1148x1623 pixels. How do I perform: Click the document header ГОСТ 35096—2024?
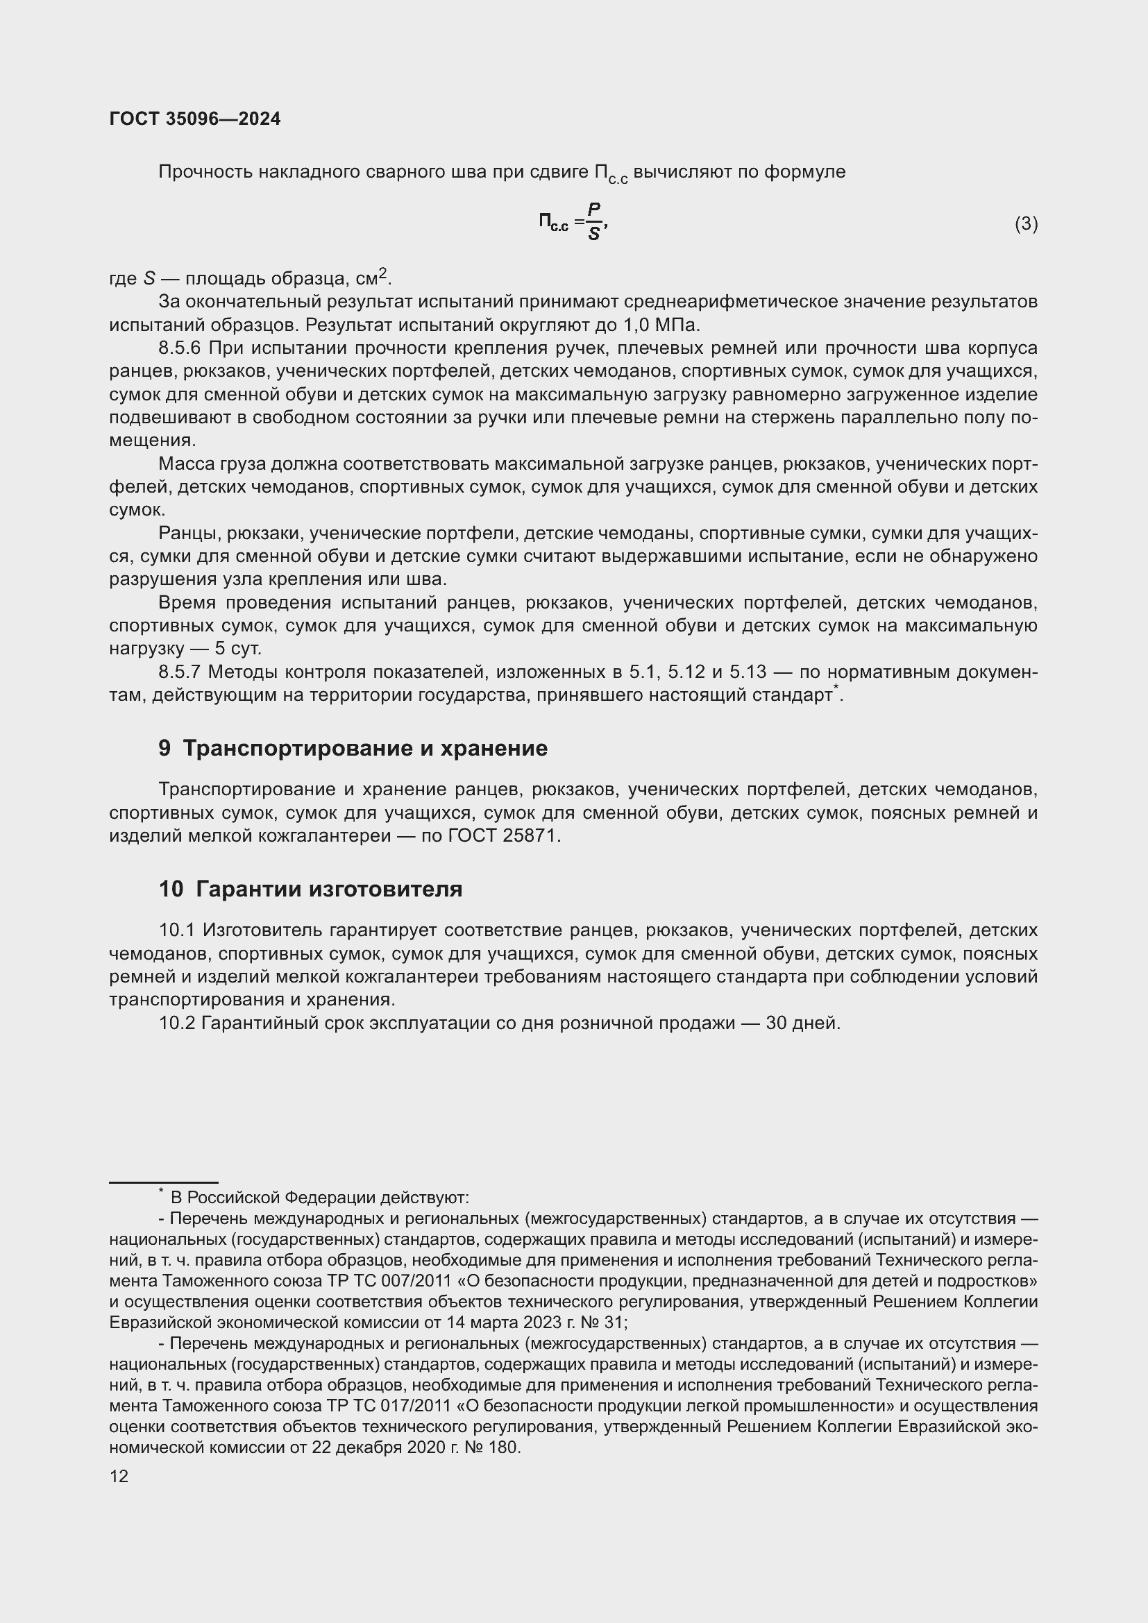point(195,119)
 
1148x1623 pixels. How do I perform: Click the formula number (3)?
point(1026,224)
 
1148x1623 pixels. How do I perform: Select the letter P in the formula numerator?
point(594,210)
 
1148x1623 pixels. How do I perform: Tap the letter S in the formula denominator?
point(594,235)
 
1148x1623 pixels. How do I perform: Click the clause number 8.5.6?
point(180,348)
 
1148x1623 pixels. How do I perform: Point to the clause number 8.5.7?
point(180,672)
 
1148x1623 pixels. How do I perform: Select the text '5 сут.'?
point(237,648)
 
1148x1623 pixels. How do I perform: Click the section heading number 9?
point(164,749)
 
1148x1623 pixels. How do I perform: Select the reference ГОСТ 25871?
point(505,835)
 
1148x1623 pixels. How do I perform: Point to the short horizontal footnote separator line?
point(163,1182)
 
